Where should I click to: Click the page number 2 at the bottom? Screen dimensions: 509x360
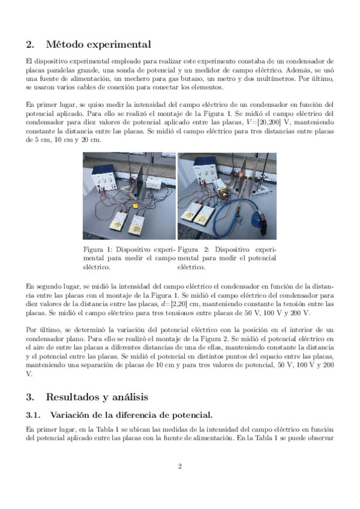179,466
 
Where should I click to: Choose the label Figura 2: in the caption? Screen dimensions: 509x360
192,249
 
